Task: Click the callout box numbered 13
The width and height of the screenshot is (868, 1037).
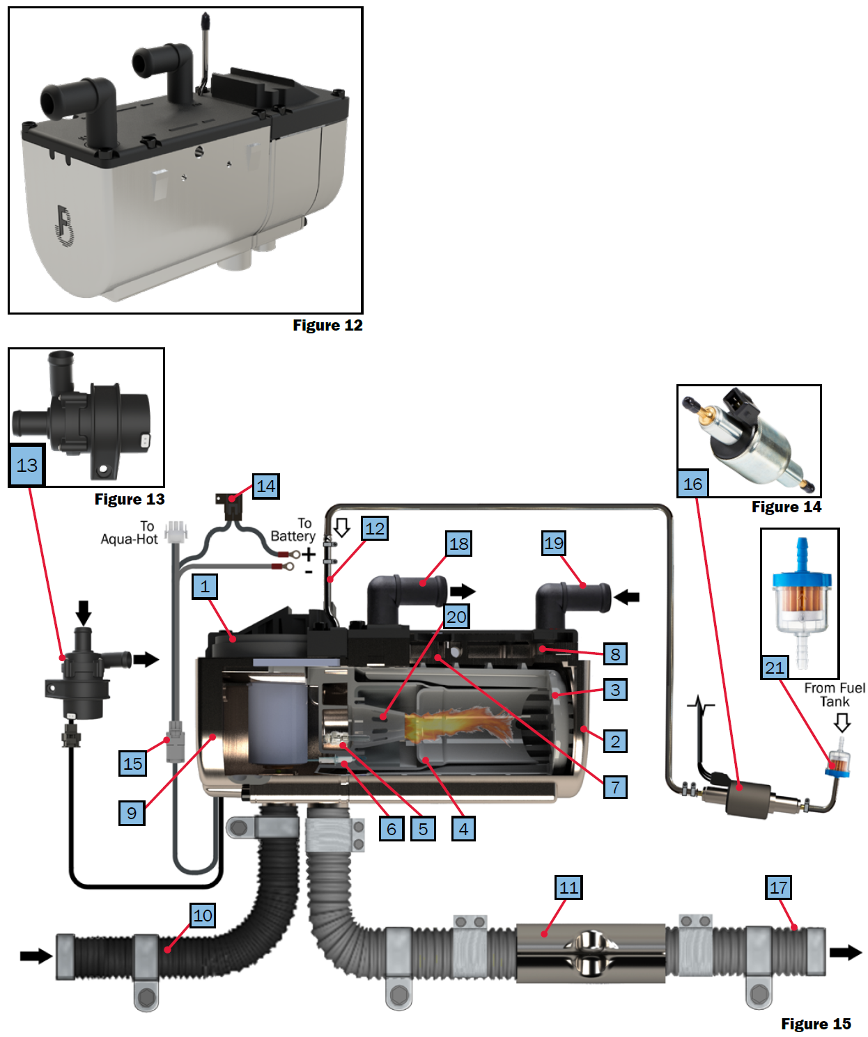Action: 27,465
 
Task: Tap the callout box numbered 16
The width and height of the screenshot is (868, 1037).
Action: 692,484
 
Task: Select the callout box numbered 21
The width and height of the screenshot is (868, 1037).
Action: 774,667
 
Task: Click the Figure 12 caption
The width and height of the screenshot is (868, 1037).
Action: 327,325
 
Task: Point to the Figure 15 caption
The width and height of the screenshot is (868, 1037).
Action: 815,1024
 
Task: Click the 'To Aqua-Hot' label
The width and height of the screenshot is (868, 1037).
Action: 130,533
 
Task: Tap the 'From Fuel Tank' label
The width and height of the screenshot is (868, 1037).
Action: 834,695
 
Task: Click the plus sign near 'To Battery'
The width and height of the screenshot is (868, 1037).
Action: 309,555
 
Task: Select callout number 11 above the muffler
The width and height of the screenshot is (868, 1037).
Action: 568,887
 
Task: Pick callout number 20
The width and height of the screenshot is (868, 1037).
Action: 456,617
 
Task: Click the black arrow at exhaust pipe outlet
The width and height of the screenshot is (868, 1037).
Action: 846,952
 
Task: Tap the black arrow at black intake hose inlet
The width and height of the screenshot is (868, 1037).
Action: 36,956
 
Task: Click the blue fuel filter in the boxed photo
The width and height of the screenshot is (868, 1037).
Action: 801,599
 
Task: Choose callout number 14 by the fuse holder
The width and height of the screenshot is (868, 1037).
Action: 265,486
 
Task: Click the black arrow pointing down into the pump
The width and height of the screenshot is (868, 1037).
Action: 83,612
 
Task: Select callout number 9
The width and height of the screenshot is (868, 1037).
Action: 132,813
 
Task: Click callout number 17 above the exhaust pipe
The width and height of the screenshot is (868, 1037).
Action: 778,887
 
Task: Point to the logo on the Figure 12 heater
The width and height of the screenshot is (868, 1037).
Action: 64,225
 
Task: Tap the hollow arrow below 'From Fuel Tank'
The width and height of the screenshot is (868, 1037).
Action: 842,723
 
